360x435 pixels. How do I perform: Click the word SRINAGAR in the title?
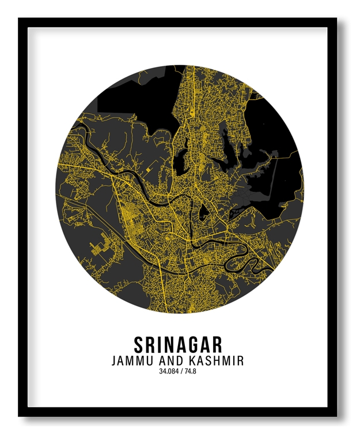point(178,345)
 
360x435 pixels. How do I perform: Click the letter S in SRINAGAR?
point(139,345)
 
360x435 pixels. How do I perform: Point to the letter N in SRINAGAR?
point(168,345)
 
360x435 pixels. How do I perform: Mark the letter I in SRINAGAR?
point(159,345)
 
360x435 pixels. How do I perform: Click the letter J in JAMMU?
point(115,361)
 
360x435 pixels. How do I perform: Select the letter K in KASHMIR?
point(196,361)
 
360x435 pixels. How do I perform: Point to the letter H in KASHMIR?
point(220,361)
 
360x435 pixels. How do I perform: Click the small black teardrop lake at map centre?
point(203,214)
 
